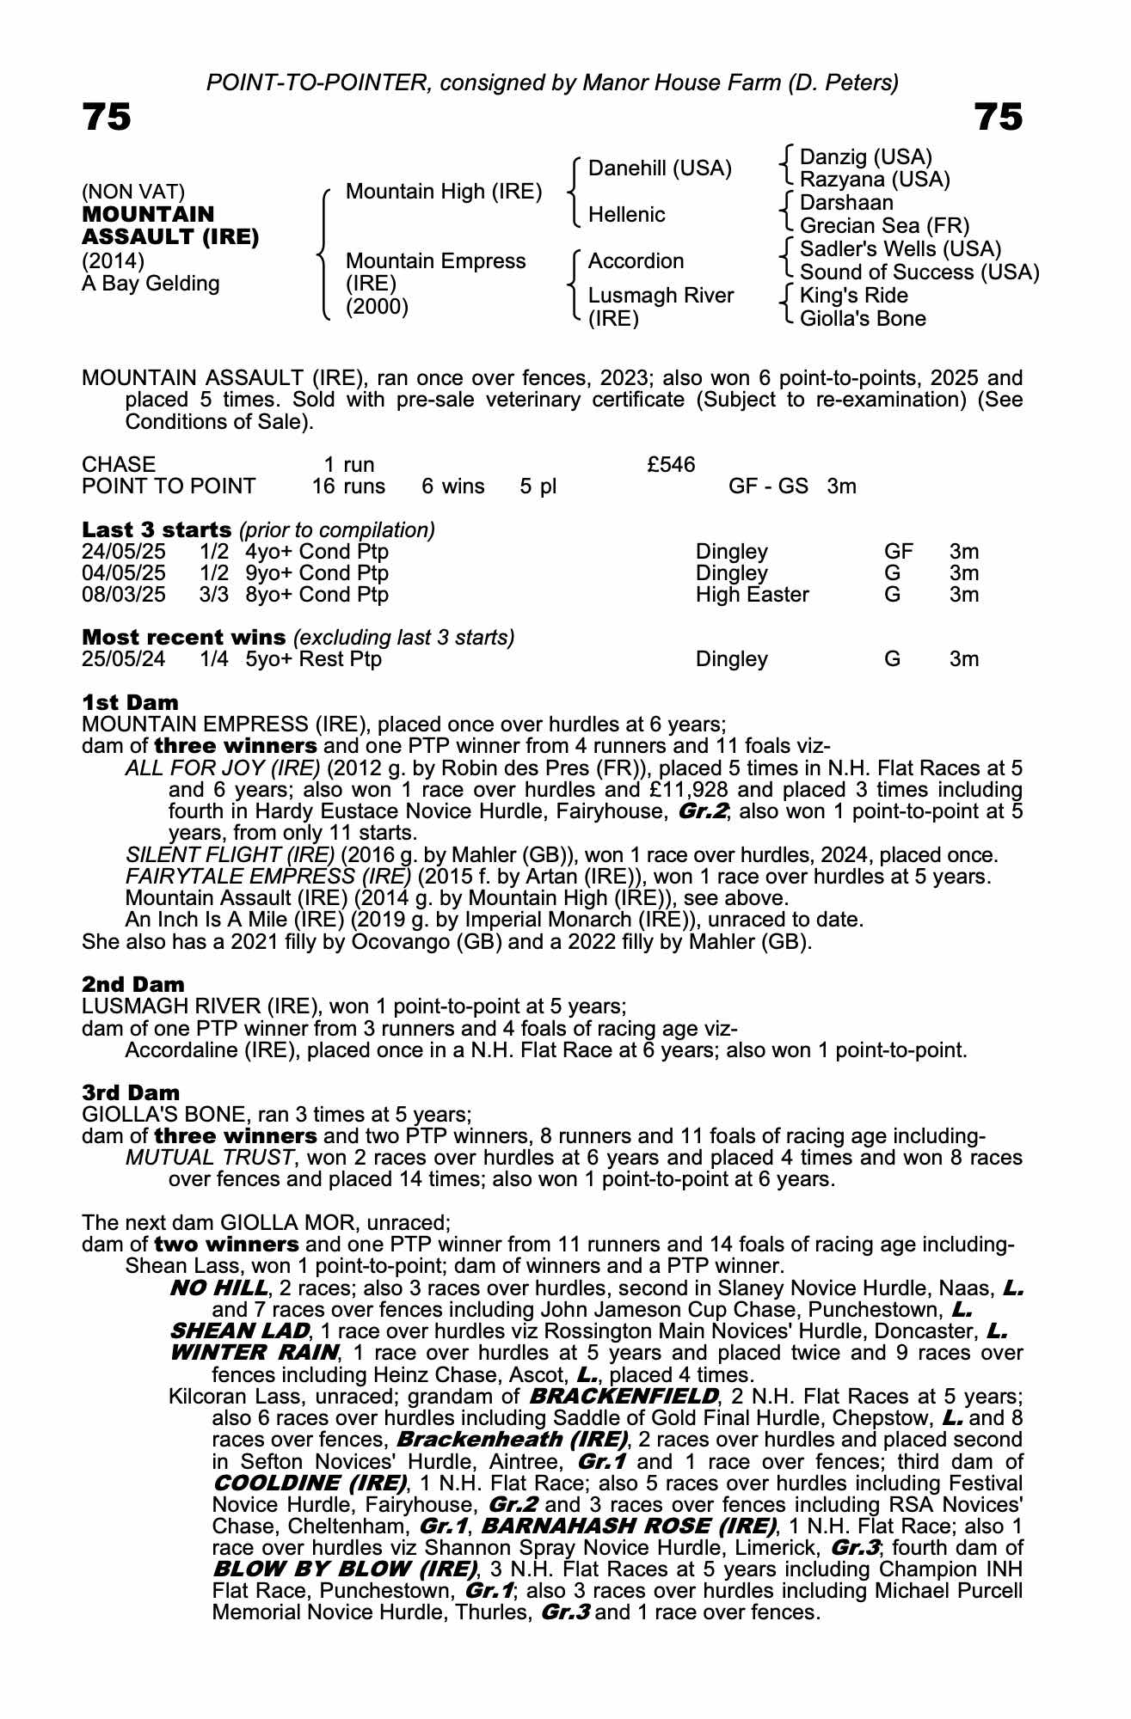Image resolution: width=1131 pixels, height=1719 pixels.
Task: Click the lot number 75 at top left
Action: [107, 117]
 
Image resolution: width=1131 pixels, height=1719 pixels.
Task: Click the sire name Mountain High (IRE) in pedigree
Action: [443, 191]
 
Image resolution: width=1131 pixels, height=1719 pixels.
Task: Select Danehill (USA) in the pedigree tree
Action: [660, 168]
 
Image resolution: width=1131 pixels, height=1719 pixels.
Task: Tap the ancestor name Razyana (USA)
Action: [874, 180]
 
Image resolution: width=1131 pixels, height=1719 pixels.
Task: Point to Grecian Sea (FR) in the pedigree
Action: [884, 226]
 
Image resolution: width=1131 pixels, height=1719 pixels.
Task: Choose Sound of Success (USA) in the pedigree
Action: [919, 272]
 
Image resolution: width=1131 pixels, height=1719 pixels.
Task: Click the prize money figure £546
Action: [671, 465]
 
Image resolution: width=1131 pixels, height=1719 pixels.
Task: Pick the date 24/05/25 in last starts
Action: [123, 552]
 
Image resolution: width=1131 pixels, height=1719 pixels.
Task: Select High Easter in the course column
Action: [752, 595]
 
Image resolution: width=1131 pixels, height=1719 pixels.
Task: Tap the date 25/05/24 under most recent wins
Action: [123, 659]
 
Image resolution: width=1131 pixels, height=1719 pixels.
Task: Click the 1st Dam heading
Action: [130, 702]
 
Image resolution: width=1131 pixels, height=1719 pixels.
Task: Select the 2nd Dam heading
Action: [132, 984]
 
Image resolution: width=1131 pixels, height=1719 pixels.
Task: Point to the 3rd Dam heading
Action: [131, 1092]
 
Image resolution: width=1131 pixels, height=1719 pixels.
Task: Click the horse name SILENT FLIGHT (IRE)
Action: [230, 855]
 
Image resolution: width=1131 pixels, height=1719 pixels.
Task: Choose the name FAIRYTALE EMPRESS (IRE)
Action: [267, 877]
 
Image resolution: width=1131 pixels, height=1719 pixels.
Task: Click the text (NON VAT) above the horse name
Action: [133, 192]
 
